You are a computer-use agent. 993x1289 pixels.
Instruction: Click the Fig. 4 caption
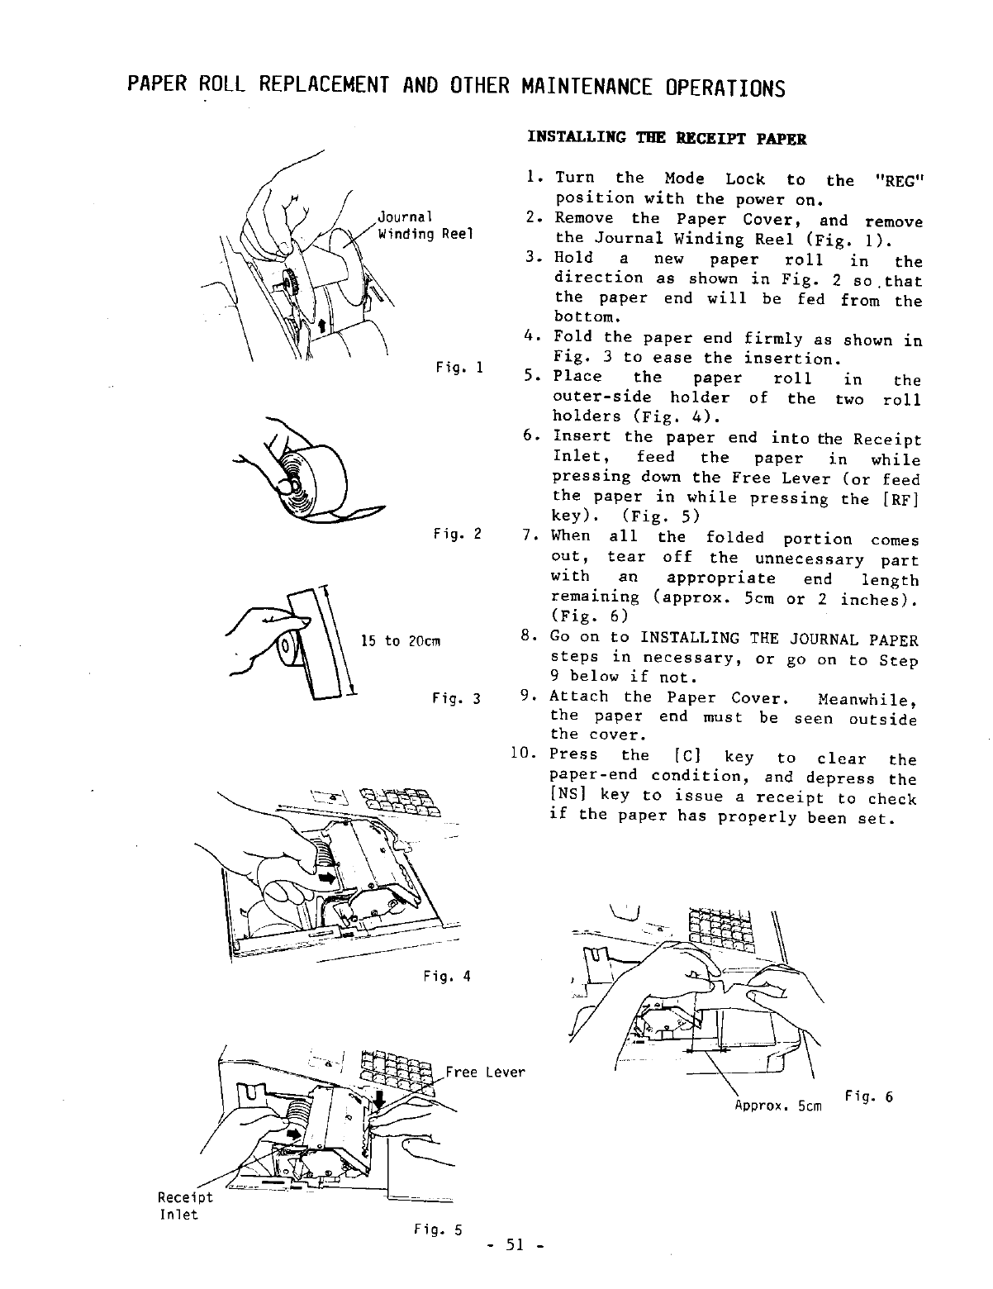[x=445, y=976]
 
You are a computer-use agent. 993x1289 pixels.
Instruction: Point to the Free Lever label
[x=485, y=1073]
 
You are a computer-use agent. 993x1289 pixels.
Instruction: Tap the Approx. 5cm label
[x=777, y=1105]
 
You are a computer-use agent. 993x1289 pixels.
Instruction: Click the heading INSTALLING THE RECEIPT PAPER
[x=667, y=138]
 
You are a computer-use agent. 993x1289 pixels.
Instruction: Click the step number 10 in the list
[x=525, y=754]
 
